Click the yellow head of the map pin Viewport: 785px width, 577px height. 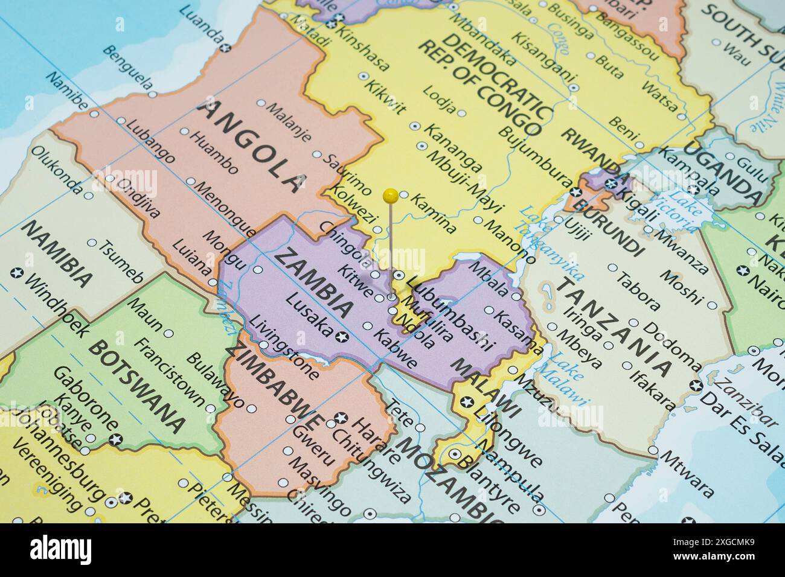click(x=391, y=195)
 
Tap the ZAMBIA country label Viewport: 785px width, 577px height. click(x=313, y=282)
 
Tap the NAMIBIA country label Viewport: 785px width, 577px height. click(x=58, y=252)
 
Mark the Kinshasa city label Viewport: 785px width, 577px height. click(x=366, y=50)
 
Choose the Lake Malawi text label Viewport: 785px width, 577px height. click(x=568, y=377)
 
